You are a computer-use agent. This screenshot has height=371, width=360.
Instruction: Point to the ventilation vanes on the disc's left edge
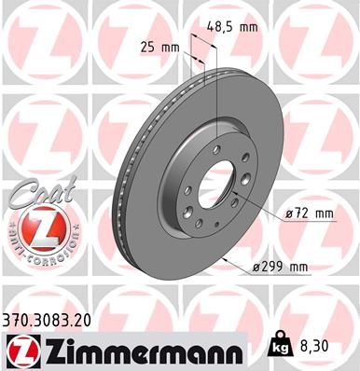point(118,177)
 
